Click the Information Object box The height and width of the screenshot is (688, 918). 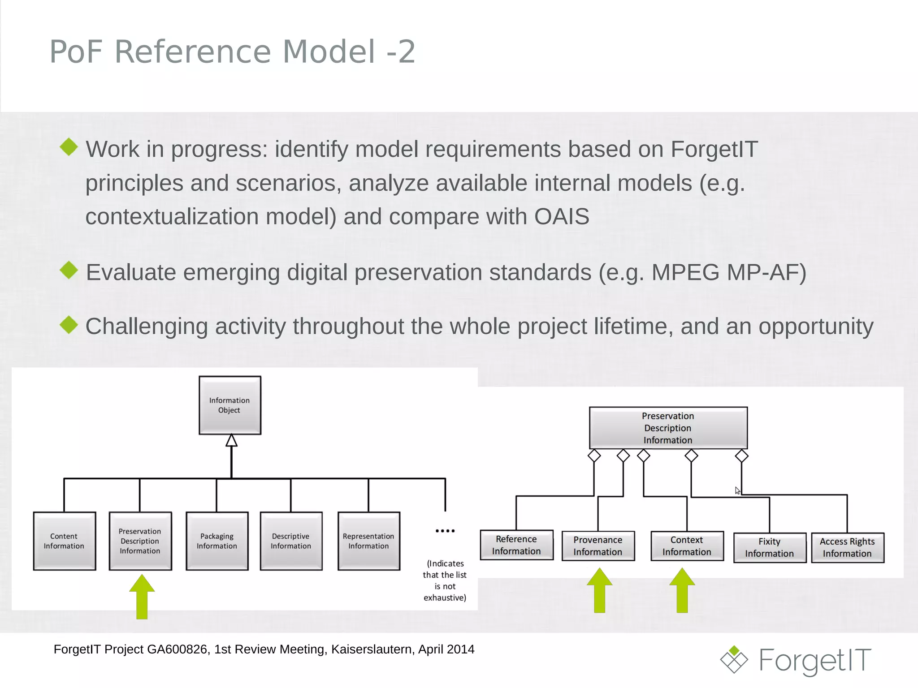pos(230,405)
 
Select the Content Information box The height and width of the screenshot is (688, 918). pos(65,541)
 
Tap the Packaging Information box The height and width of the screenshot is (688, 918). pos(217,541)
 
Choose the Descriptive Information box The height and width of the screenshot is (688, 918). pos(291,541)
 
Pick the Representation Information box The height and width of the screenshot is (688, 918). pos(368,541)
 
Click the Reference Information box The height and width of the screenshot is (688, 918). pos(516,545)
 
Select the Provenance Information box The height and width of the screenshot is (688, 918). pos(598,546)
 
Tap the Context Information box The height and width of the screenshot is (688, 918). pos(687,546)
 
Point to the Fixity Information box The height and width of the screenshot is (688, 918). pos(770,547)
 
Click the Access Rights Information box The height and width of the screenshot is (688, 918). pos(847,547)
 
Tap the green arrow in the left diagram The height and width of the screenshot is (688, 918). pos(142,597)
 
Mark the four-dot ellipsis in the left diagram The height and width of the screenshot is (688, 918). pos(445,531)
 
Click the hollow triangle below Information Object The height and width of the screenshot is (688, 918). pos(231,441)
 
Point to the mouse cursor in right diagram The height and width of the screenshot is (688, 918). pos(737,490)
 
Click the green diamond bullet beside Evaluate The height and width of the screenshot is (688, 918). pos(69,270)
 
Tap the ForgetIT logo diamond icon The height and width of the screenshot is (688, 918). pos(734,660)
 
